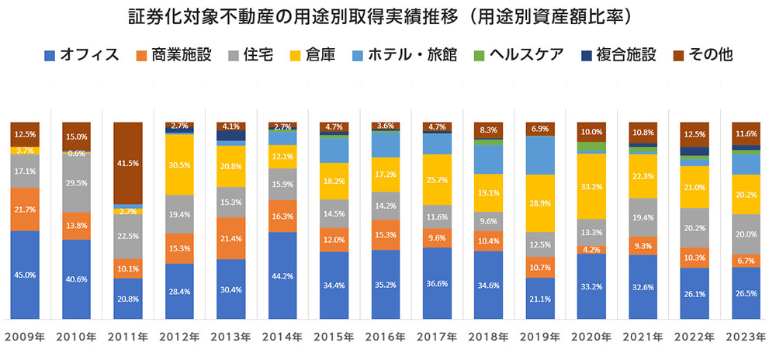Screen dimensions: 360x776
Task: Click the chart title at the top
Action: pyautogui.click(x=388, y=16)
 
